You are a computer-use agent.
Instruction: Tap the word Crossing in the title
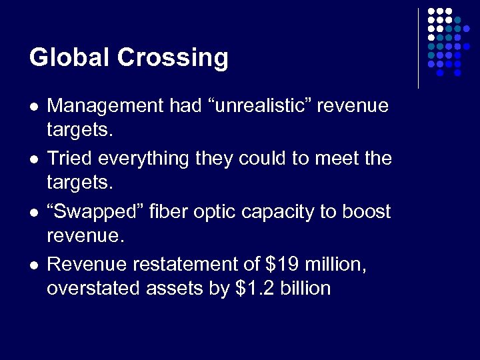[x=173, y=58]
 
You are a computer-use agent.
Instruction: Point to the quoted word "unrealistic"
[x=245, y=105]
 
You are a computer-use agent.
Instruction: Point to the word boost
[x=366, y=211]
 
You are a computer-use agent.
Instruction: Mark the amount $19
[x=280, y=265]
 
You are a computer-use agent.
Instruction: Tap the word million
[x=333, y=265]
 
